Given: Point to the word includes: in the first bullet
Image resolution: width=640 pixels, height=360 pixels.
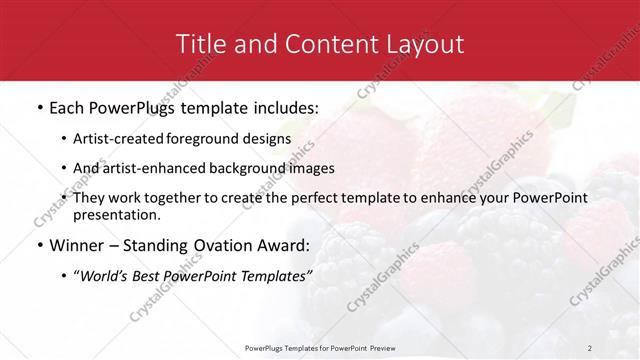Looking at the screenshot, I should tap(279, 105).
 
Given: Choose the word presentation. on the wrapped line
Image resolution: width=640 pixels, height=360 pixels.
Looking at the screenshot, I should tap(116, 215).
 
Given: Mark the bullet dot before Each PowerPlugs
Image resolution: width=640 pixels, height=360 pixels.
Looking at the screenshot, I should tap(38, 105).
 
